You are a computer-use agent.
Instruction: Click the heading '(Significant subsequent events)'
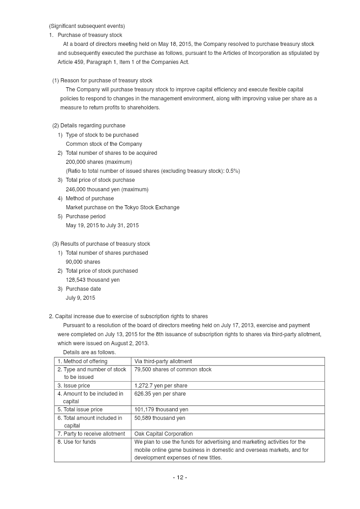87,26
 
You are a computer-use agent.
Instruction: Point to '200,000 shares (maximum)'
99,162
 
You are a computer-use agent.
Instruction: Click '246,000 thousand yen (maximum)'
107,189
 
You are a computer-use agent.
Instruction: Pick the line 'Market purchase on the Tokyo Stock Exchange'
122,207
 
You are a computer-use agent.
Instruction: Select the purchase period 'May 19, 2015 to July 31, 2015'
102,225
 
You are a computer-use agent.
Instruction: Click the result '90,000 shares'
83,262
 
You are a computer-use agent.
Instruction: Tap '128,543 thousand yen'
93,280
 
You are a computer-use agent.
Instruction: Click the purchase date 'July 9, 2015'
81,298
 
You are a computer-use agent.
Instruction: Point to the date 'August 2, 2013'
130,343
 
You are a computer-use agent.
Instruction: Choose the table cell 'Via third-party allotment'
163,361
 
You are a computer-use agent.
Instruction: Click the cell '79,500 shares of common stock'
173,369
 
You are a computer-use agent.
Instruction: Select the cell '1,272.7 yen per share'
161,386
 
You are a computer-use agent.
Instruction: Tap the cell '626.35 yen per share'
160,394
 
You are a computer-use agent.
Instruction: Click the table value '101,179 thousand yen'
161,410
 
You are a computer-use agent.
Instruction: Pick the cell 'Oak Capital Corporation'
163,434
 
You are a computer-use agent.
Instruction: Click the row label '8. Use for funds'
76,442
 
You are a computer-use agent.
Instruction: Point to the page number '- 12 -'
180,477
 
